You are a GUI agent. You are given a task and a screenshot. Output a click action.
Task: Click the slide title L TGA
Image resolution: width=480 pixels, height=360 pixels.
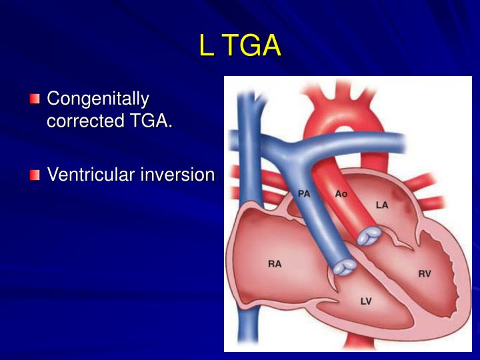coord(239,46)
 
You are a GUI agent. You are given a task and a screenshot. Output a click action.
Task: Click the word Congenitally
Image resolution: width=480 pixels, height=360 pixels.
coord(97,99)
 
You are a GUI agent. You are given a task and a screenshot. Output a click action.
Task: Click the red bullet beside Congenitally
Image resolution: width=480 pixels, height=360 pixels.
coord(35,100)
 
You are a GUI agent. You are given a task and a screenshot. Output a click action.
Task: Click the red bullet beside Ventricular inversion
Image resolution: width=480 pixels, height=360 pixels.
coord(35,175)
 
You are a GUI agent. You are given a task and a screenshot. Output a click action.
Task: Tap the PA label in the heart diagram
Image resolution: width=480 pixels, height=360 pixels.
coord(304,194)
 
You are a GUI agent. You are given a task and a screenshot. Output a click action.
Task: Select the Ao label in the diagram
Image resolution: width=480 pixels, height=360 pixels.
coord(341,194)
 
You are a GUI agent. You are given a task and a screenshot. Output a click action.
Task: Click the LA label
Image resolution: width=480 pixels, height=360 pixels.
coord(381,205)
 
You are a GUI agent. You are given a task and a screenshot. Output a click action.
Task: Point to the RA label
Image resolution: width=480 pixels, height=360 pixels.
coord(275,263)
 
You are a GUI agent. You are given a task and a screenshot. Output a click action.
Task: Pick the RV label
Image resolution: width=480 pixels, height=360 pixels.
coord(424,273)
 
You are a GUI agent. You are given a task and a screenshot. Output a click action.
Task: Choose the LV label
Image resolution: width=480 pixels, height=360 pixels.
coord(366,301)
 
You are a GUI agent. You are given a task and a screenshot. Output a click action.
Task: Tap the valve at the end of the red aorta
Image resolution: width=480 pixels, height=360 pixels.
coord(369,236)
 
